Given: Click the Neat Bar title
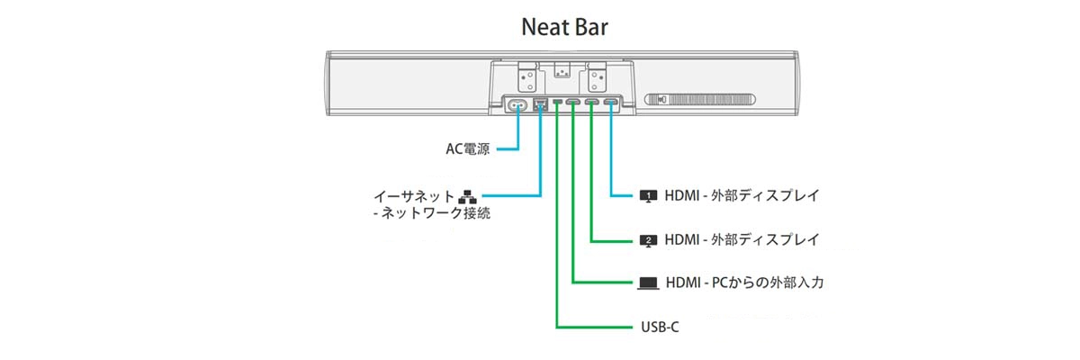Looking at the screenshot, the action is (x=564, y=27).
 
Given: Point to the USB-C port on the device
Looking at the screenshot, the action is (x=557, y=102).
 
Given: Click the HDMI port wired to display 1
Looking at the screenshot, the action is (x=610, y=102).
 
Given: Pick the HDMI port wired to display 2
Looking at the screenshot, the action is (x=591, y=102).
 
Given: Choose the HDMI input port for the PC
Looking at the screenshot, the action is (x=572, y=102).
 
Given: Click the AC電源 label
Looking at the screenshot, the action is (x=467, y=148).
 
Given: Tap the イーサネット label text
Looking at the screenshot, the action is (x=414, y=196).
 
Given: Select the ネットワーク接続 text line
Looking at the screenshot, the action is (x=432, y=213).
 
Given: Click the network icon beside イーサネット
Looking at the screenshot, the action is (x=467, y=196).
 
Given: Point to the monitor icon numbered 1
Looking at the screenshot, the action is (x=648, y=196).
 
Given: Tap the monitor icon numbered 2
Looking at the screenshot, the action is (x=648, y=240).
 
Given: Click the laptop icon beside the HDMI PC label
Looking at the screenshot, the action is (x=648, y=283).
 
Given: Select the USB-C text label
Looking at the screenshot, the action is (x=660, y=328).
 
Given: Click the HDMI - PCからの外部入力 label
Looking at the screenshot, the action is (x=744, y=283).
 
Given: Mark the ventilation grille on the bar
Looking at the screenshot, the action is (x=700, y=100).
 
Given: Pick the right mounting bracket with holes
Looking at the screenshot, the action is (x=596, y=76).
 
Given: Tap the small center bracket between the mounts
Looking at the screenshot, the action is (x=562, y=70).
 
